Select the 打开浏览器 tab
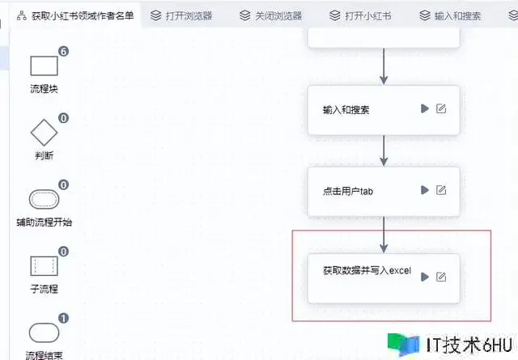185,15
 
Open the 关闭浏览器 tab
272,15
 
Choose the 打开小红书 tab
362,15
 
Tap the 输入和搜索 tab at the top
450,15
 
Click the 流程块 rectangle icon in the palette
44,67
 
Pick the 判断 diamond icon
44,133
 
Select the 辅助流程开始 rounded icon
44,199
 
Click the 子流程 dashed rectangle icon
44,266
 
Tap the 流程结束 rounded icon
44,332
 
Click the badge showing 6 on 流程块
63,52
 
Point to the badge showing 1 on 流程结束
63,318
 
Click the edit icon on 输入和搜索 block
441,108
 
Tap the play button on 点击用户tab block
423,190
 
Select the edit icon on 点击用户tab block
441,190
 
